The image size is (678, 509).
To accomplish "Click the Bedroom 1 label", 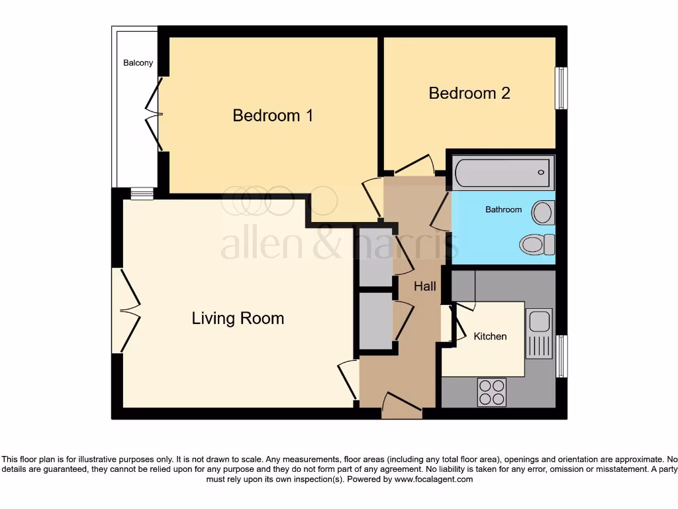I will [x=273, y=115].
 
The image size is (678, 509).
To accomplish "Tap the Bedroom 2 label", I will [x=469, y=93].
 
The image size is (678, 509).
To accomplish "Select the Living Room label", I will [x=238, y=318].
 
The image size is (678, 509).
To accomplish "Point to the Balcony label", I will [x=138, y=63].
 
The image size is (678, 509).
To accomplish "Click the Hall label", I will [x=425, y=286].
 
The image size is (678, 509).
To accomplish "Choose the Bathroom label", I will [x=503, y=209].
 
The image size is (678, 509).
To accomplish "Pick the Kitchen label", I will [x=490, y=337].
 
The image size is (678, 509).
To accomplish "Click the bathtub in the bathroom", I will [x=503, y=173].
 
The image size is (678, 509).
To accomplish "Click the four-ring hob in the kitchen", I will [x=491, y=392].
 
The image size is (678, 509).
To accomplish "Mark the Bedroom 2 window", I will [x=561, y=88].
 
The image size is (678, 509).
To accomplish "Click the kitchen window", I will [x=561, y=356].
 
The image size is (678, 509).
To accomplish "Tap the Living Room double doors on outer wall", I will [x=126, y=310].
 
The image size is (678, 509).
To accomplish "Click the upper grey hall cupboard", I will [x=375, y=257].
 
